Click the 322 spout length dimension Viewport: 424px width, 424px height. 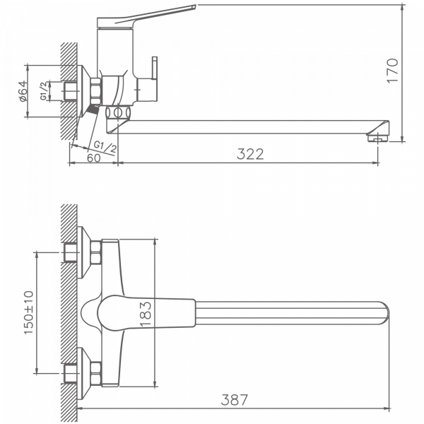tap(250, 154)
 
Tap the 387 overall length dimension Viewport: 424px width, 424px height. tap(235, 399)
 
